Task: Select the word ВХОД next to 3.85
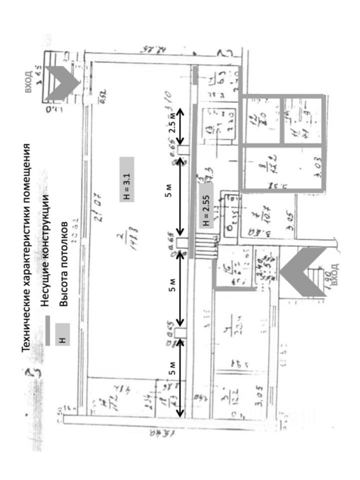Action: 28,82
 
